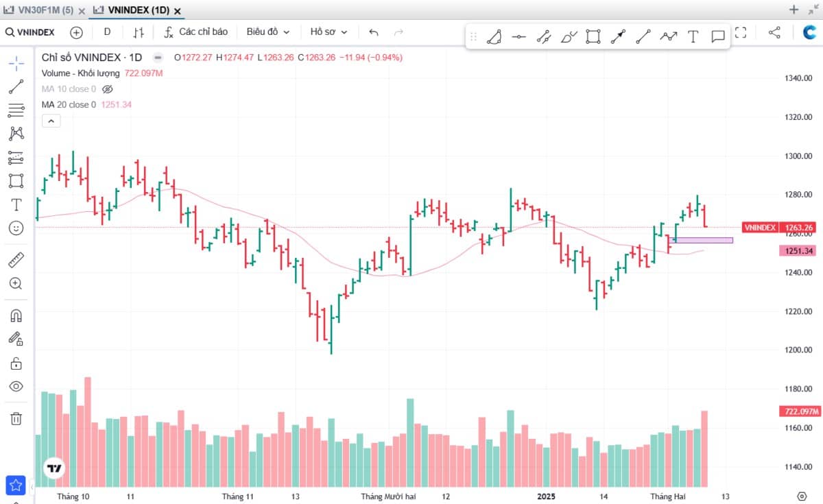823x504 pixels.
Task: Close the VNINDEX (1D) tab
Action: point(178,12)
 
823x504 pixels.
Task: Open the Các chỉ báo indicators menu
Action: point(196,32)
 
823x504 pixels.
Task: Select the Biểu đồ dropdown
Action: point(268,32)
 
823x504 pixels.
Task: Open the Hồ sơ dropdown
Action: point(329,32)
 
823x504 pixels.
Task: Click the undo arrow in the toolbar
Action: point(374,33)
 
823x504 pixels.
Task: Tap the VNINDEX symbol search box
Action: point(30,32)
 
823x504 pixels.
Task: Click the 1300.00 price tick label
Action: point(798,156)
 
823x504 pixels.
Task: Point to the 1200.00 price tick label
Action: point(798,350)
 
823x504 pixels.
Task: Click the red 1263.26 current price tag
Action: point(799,228)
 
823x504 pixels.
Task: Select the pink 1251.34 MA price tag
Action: point(798,251)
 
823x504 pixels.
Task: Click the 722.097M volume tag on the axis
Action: point(800,411)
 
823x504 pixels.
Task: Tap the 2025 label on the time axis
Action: point(546,496)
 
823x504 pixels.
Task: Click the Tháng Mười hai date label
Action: point(388,496)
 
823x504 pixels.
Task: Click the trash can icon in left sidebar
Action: point(16,418)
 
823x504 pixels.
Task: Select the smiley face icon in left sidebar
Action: point(16,228)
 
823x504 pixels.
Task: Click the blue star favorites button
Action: point(16,485)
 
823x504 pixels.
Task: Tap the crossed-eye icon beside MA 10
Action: point(107,89)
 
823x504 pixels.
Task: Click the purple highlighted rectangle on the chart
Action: point(701,240)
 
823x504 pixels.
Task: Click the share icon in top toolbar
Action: point(774,32)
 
